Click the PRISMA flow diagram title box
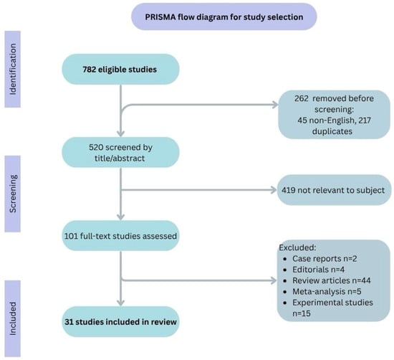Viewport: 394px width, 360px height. (x=224, y=17)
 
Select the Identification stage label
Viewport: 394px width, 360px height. (x=13, y=69)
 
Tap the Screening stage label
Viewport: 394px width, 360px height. (x=13, y=194)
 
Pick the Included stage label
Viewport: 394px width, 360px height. (x=13, y=318)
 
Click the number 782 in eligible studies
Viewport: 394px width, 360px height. (x=90, y=70)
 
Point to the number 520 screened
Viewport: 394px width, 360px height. (x=95, y=147)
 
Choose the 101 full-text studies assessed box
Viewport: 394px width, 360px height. (x=120, y=236)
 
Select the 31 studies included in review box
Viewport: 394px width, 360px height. (x=120, y=322)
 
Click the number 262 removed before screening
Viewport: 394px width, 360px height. (x=302, y=98)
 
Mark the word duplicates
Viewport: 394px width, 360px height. (x=332, y=131)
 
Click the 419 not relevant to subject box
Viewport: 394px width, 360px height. (x=334, y=190)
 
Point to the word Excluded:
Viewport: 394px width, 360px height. (x=297, y=247)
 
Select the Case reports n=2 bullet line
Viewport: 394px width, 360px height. (x=320, y=259)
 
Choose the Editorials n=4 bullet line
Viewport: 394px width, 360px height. (x=314, y=270)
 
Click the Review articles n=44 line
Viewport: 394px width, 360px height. (x=327, y=280)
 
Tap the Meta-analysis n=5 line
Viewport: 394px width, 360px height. (x=322, y=291)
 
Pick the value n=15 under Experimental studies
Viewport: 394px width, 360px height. (x=302, y=313)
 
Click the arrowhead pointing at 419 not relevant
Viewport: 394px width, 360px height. (x=274, y=190)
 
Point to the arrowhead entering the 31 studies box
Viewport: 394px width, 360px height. (x=121, y=303)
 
